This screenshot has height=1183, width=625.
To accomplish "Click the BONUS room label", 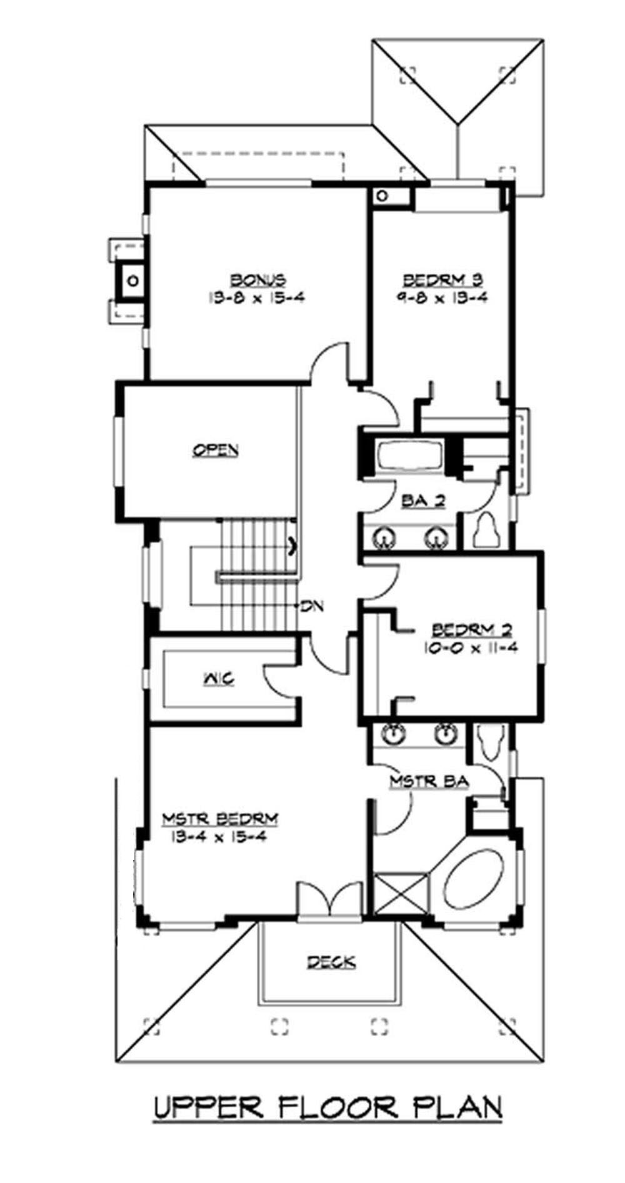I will click(257, 279).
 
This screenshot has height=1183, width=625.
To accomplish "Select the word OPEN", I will click(215, 449).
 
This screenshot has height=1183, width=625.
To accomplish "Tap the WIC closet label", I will click(219, 678).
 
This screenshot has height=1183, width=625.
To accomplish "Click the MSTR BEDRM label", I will click(220, 818).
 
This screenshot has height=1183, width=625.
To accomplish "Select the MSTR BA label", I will click(429, 781).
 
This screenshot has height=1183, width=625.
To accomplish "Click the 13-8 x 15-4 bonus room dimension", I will click(256, 297).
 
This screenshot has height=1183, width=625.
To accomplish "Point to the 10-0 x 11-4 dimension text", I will click(471, 648).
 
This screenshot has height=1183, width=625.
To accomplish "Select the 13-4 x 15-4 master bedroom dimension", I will click(216, 837).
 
